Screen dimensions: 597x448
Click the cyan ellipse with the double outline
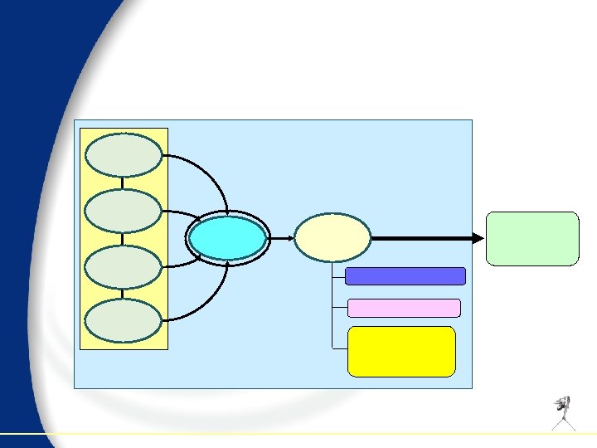227,238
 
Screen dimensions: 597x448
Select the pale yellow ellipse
332,237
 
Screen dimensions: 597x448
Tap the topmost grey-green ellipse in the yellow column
124,155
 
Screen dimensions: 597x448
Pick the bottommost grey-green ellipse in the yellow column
124,321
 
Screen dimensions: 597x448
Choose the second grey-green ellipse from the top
124,211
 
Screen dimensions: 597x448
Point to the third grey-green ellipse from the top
124,265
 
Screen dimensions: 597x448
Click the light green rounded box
531,238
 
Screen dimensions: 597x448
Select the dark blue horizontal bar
405,276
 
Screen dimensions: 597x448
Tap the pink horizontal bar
404,308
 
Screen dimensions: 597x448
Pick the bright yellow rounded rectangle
402,351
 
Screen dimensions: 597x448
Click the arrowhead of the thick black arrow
478,238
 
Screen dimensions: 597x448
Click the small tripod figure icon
565,412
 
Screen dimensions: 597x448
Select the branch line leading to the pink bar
339,308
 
